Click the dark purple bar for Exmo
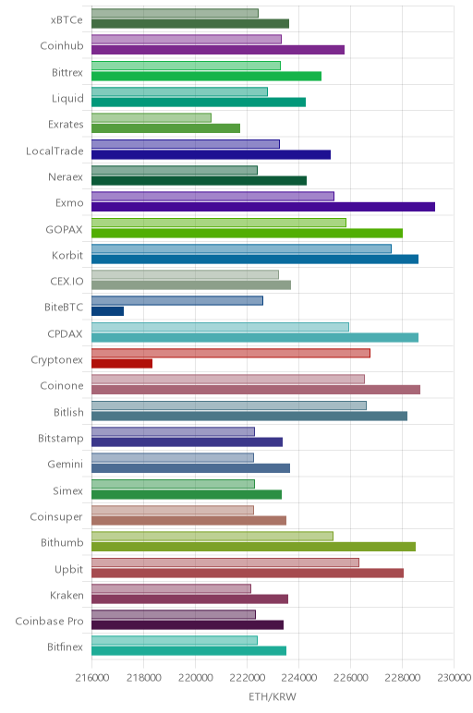[x=263, y=207]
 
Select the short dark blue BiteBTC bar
[x=107, y=311]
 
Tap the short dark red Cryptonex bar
[x=122, y=363]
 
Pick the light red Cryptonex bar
[x=231, y=353]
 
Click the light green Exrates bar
[x=151, y=118]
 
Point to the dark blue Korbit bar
[x=255, y=260]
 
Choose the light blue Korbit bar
[x=241, y=248]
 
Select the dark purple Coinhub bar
[x=218, y=50]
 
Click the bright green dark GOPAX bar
[x=247, y=234]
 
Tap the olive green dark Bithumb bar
[x=253, y=547]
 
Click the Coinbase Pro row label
[x=49, y=622]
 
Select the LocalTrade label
[x=55, y=151]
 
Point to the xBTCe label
[x=67, y=20]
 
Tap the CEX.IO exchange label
[x=67, y=281]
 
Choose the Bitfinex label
[x=65, y=647]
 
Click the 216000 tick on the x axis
[x=91, y=678]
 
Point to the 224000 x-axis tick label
[x=298, y=678]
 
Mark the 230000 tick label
[x=454, y=678]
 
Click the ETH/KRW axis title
[x=273, y=696]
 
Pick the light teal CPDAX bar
[x=220, y=327]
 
